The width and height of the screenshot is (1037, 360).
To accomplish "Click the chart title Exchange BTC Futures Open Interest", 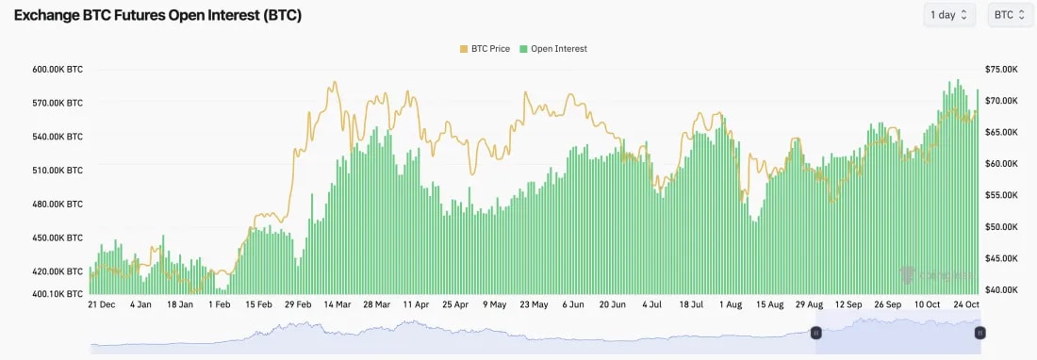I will coord(157,15).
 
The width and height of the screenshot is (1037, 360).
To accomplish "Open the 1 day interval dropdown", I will coord(949,15).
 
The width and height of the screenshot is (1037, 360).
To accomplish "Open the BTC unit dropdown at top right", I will coord(1010,15).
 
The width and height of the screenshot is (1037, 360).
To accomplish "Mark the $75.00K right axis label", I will coord(1000,69).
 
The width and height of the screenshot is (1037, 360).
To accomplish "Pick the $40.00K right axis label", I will coord(1000,290).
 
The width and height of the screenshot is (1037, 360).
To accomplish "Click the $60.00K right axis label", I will coord(1000,164).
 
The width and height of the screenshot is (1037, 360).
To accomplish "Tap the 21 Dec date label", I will coord(101,305).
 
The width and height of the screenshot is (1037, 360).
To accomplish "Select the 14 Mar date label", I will coord(337,305).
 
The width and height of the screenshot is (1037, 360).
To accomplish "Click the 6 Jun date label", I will coord(572,305).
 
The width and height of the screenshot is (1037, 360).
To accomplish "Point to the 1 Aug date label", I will coord(731,305).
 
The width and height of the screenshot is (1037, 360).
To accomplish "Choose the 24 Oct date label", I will coord(966,305).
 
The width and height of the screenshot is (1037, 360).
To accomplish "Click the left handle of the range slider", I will coord(816,333).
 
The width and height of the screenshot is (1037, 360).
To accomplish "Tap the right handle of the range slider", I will coord(980,333).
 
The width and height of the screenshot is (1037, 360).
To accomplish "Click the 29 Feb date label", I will coord(298,305).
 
